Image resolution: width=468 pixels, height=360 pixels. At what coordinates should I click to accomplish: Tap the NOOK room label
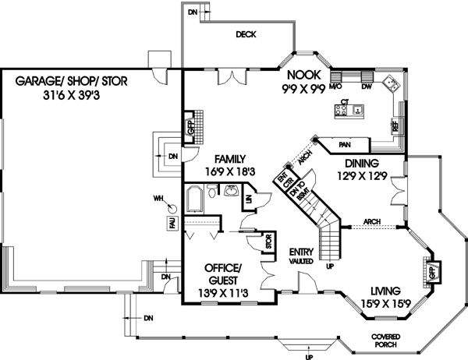coord(300,75)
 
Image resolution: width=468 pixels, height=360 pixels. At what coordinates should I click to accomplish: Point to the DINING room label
coord(359,164)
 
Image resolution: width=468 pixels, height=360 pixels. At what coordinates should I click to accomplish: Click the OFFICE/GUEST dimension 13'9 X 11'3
coord(224,295)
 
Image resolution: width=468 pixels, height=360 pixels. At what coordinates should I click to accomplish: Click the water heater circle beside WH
coord(172,206)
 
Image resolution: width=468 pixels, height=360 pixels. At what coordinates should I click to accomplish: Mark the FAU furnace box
coord(171,224)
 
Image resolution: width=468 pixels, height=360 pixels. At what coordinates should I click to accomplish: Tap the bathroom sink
coord(230,190)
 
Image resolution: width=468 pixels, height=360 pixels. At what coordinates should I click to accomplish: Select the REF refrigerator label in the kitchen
coord(395,125)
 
